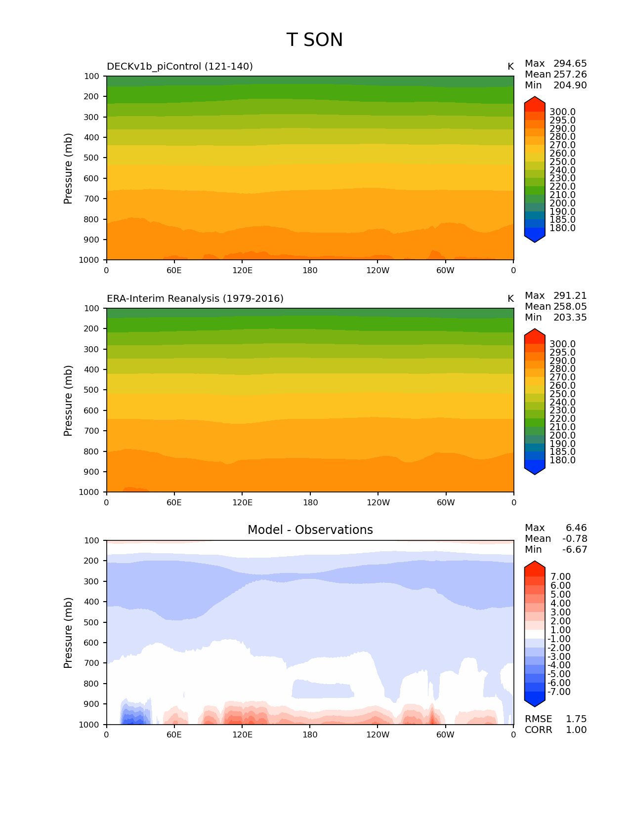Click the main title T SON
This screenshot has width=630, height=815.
(314, 40)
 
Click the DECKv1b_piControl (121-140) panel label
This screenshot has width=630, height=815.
(180, 66)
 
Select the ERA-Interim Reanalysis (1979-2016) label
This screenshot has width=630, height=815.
(195, 298)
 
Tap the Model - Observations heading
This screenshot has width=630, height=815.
(310, 530)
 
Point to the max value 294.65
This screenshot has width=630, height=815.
(570, 63)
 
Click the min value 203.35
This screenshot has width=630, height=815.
(570, 317)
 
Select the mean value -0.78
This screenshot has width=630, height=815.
(575, 538)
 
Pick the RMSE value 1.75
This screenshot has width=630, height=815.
(576, 719)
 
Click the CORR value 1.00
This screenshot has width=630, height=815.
(576, 730)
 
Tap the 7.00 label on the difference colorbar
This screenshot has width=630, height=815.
(560, 577)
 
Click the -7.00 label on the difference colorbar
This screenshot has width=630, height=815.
(559, 692)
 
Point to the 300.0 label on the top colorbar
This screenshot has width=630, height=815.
(562, 112)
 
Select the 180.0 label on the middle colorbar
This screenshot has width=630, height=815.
(562, 460)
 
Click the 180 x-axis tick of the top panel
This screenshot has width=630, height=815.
(310, 270)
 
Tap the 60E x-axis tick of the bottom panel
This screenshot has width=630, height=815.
(174, 734)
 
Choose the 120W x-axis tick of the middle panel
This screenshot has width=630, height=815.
(378, 502)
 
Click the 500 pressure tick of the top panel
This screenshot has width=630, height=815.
(91, 158)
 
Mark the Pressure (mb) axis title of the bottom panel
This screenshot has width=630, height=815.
(68, 632)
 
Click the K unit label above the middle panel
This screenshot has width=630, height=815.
(510, 298)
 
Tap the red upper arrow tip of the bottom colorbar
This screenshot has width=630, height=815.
(535, 565)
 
